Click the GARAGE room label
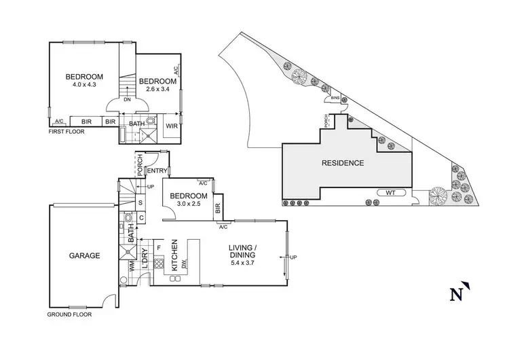(x=84, y=256)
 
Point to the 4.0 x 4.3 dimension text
(x=83, y=85)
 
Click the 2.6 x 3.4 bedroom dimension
(x=157, y=90)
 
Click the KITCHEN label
(x=174, y=255)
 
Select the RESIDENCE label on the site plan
(x=343, y=163)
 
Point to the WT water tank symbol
(x=390, y=193)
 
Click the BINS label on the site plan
(x=335, y=98)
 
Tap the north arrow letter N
(x=455, y=294)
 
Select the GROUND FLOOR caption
(x=69, y=314)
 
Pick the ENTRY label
(x=157, y=171)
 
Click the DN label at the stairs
(x=128, y=100)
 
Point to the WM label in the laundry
(x=134, y=267)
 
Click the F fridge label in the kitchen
(x=158, y=248)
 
